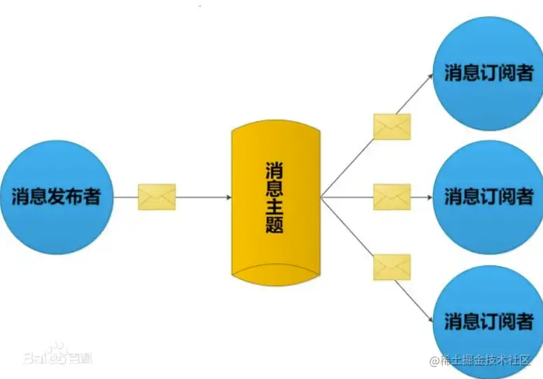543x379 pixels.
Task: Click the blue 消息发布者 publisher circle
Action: (x=56, y=197)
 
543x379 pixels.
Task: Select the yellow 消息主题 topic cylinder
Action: (x=275, y=204)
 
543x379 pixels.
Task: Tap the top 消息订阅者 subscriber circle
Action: (x=488, y=73)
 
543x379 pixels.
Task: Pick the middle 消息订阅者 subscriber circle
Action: (x=488, y=197)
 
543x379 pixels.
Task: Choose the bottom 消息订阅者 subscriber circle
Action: (x=488, y=321)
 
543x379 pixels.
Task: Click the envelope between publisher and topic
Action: (x=157, y=197)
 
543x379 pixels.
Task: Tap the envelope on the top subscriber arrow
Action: (x=392, y=127)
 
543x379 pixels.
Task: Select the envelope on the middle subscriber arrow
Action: (x=392, y=197)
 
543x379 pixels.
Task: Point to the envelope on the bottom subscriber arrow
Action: (x=392, y=267)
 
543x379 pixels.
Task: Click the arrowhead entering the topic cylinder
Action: (x=228, y=197)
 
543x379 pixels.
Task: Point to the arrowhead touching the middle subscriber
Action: (x=430, y=197)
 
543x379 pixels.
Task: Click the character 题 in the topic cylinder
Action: (x=275, y=225)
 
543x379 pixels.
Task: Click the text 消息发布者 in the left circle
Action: (x=56, y=197)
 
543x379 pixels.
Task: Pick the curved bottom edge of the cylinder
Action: (x=275, y=267)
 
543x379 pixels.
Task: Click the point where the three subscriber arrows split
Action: (x=322, y=197)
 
